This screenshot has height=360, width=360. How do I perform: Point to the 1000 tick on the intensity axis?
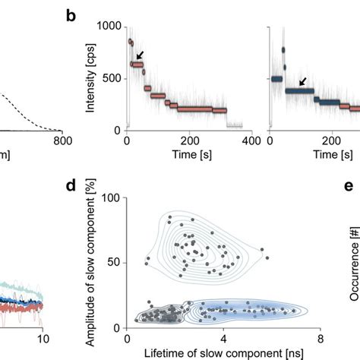point(111,27)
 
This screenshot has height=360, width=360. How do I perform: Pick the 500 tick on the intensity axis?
point(114,78)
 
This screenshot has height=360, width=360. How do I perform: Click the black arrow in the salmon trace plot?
point(141,55)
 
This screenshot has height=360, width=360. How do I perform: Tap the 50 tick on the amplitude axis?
point(115,262)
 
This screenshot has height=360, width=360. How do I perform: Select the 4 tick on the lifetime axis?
point(223,338)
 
